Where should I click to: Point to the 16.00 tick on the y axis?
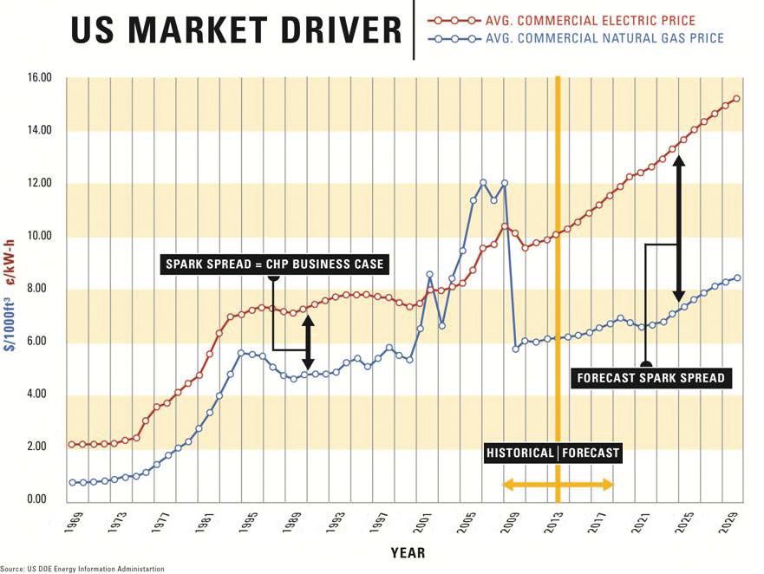(40, 78)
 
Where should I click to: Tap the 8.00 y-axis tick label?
(40, 289)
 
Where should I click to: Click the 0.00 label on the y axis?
(40, 499)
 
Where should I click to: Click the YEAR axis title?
(408, 552)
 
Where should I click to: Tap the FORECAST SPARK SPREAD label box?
(649, 377)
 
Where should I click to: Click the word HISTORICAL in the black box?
(519, 453)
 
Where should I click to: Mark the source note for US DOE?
(82, 569)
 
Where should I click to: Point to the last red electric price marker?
(736, 99)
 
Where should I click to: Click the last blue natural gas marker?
(736, 278)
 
